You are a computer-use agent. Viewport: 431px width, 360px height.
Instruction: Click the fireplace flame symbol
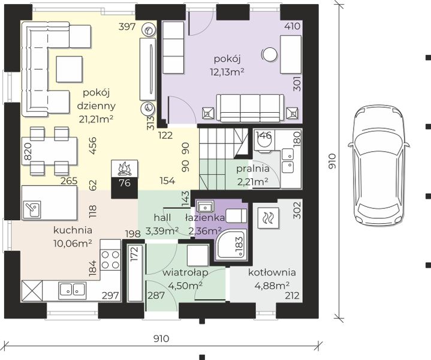tap(125, 169)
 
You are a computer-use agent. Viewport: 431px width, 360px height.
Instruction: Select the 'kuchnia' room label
tap(73, 230)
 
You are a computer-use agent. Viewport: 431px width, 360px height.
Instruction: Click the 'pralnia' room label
tap(252, 169)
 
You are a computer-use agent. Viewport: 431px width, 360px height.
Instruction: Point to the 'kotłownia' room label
tap(272, 272)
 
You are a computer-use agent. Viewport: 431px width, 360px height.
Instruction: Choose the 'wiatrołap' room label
tap(185, 272)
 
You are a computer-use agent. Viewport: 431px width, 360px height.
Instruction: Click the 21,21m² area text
tap(96, 119)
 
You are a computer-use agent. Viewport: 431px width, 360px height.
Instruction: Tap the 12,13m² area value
tap(227, 72)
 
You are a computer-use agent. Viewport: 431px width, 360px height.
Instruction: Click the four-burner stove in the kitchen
tap(110, 260)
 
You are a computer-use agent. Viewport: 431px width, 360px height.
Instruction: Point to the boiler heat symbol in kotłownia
tap(269, 218)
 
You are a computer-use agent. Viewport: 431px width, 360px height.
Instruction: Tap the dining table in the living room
tap(50, 151)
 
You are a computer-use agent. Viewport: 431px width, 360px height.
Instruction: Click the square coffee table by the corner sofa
tap(70, 69)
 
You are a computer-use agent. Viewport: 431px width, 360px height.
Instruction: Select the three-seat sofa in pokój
tap(250, 107)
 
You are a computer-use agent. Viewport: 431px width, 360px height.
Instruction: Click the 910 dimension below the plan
tap(161, 338)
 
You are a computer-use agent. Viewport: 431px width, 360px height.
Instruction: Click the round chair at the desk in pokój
tap(269, 55)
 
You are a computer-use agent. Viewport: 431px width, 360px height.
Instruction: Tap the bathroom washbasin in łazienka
tap(204, 207)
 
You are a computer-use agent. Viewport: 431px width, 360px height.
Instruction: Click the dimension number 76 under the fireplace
tap(125, 183)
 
